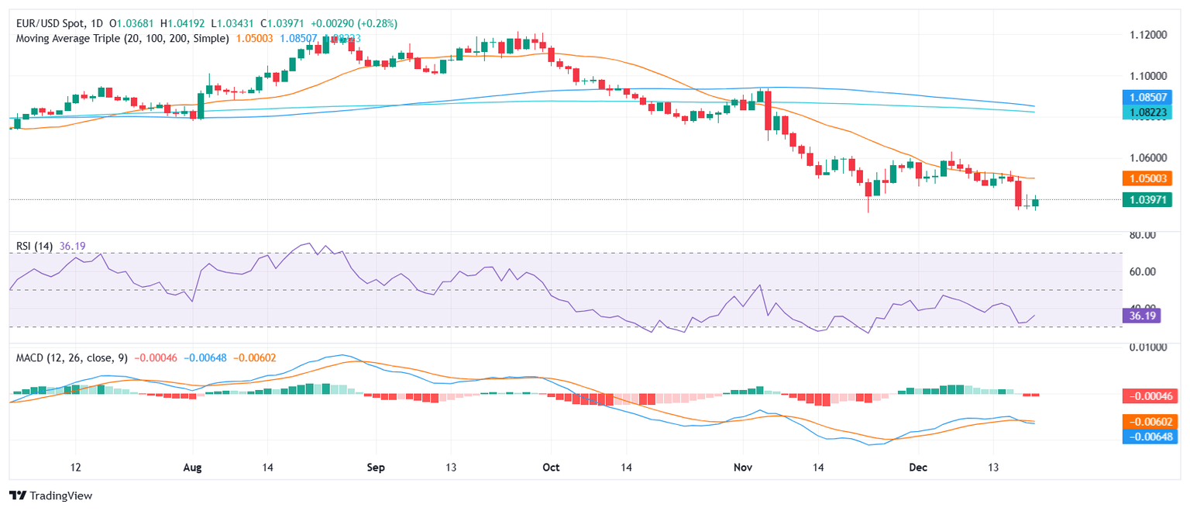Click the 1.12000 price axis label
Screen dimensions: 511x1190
click(1145, 35)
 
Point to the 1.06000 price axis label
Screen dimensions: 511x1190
click(1145, 157)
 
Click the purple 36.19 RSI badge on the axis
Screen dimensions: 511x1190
click(1140, 316)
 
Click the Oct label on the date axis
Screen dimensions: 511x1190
click(551, 468)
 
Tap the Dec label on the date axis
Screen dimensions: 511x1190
click(918, 468)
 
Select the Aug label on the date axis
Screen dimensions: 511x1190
click(194, 468)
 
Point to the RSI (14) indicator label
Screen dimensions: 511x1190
click(35, 246)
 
